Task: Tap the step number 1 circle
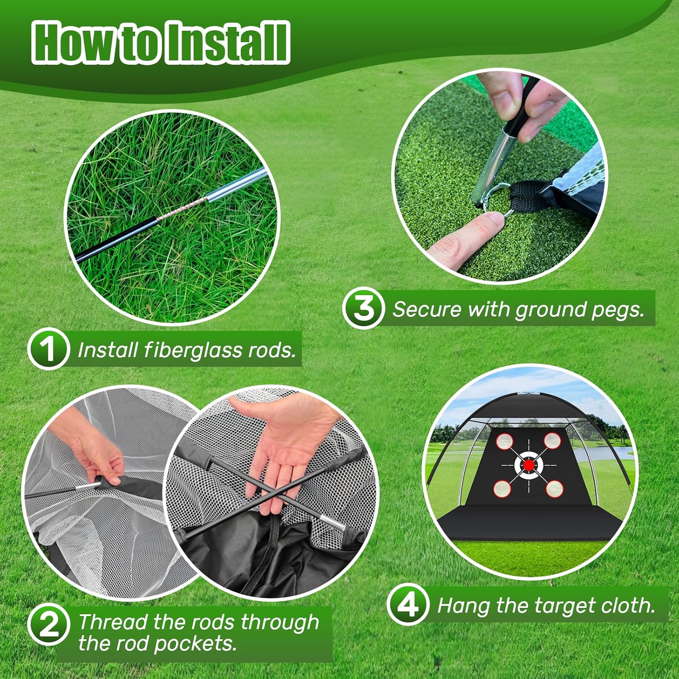(48, 349)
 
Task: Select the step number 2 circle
(48, 625)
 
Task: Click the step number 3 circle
(363, 308)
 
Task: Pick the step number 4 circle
(408, 604)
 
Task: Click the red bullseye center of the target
(528, 465)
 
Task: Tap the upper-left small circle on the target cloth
(504, 441)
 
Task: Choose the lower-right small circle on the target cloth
(554, 488)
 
